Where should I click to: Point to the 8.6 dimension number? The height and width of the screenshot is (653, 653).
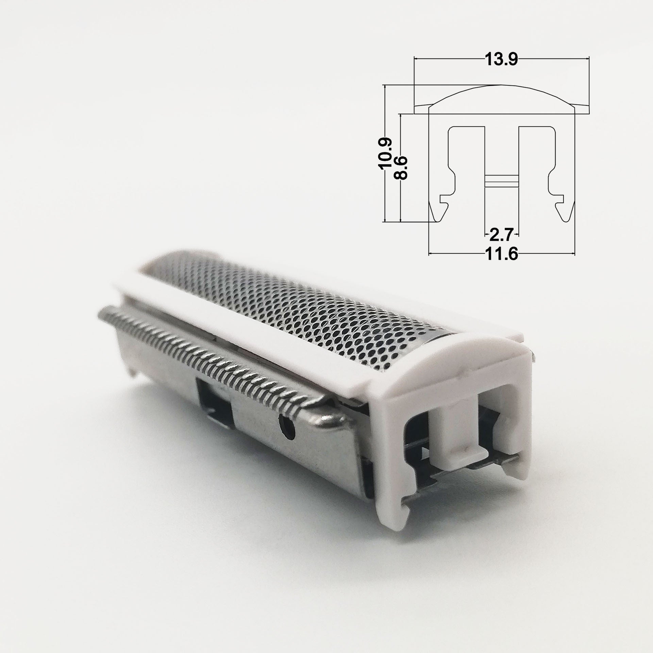(x=401, y=168)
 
